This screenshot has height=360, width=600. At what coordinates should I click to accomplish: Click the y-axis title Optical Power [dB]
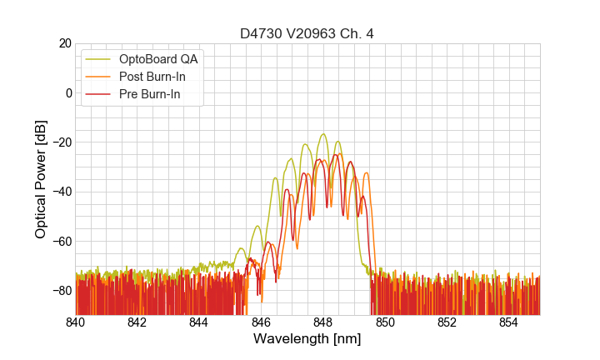(41, 179)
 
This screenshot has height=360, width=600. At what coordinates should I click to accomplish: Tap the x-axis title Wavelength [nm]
(307, 339)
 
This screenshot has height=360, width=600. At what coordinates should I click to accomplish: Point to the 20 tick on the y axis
(64, 43)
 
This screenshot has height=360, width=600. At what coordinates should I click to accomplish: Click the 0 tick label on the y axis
(67, 92)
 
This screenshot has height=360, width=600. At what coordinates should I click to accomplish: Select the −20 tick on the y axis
(61, 142)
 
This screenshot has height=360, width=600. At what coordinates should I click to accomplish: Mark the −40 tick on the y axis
(61, 192)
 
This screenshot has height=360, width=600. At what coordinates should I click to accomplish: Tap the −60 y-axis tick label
(61, 242)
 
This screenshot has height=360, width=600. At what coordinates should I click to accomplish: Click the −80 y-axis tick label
(61, 291)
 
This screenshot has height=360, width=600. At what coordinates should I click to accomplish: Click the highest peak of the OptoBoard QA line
(323, 134)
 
